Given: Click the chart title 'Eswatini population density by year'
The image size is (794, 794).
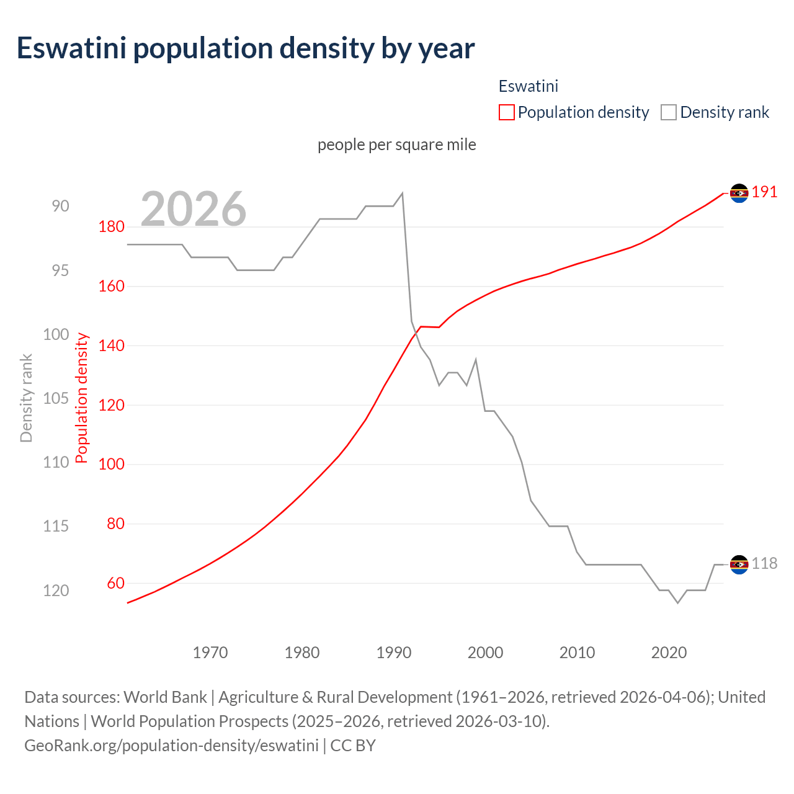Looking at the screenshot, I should [246, 48].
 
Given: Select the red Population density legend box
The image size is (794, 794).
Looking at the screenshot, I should [506, 112].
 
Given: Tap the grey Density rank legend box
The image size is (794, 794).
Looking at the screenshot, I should [668, 112].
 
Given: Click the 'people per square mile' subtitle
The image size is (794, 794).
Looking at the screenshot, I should [397, 145].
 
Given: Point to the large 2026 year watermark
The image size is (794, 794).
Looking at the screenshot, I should [194, 209].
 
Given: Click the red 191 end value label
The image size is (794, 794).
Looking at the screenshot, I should [764, 192].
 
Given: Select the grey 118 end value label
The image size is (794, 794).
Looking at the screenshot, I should [764, 564].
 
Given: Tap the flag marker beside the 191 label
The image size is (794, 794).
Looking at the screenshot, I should [739, 194].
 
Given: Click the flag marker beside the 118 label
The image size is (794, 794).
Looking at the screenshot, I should [739, 564].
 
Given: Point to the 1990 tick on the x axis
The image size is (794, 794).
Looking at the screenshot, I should [394, 653].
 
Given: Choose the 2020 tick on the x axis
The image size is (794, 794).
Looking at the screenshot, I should [669, 653].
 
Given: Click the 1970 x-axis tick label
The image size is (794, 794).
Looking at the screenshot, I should [210, 653].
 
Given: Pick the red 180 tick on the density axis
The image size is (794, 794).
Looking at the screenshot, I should [112, 227].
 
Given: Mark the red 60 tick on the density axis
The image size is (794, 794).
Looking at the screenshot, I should [115, 583].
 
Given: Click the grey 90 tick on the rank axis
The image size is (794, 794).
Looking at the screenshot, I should [61, 206].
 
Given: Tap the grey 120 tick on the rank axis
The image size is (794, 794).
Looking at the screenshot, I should [56, 591].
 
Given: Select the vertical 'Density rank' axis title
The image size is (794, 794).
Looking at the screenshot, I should [26, 398].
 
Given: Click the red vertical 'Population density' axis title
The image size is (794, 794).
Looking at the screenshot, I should [82, 398].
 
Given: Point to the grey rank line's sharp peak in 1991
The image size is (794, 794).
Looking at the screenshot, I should [403, 193].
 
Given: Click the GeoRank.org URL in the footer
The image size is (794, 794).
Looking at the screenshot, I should [171, 745].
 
